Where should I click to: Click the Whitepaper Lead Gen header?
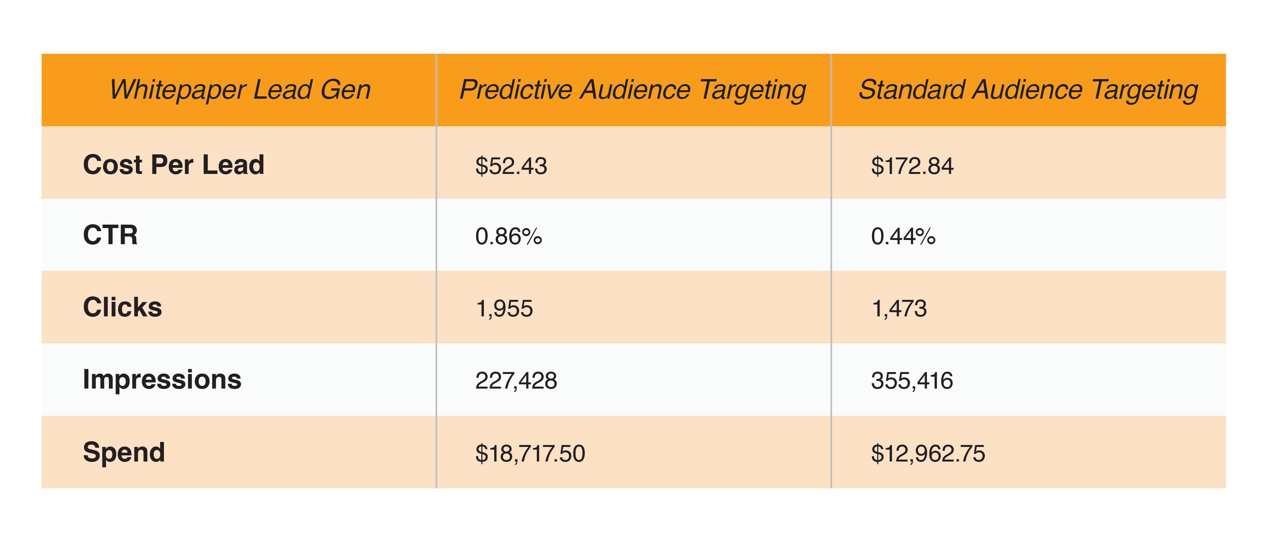tap(240, 90)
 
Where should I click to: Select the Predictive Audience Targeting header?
tap(632, 90)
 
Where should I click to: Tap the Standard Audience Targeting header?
tap(1028, 90)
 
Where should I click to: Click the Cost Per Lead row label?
tap(174, 164)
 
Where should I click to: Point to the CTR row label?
tap(110, 235)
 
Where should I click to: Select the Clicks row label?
tap(122, 308)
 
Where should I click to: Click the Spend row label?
tap(124, 452)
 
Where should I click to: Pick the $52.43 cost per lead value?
tap(511, 166)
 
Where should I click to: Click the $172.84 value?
tap(912, 166)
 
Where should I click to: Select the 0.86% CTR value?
tap(509, 237)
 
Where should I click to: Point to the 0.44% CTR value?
tap(903, 237)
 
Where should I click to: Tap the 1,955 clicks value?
tap(504, 309)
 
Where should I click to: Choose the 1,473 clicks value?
tap(899, 309)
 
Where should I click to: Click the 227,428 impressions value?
tap(516, 381)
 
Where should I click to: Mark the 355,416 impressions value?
tap(912, 381)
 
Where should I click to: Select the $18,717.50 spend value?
tap(530, 453)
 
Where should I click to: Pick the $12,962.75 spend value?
tap(928, 453)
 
